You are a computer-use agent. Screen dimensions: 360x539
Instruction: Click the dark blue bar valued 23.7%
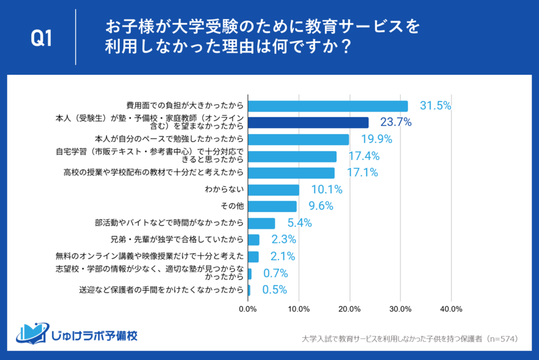pos(308,123)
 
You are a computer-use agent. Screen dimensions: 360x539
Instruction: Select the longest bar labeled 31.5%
pos(327,106)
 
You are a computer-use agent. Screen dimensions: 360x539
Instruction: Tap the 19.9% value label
pos(376,139)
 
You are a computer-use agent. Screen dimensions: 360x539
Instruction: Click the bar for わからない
pos(273,189)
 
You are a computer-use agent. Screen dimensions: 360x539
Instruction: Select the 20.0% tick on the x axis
pos(350,308)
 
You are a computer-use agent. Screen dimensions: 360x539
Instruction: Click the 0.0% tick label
pos(248,308)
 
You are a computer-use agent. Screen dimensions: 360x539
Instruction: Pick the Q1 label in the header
pos(42,39)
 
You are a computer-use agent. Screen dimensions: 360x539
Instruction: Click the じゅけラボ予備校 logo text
pos(95,335)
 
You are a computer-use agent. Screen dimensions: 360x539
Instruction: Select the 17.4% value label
pos(364,156)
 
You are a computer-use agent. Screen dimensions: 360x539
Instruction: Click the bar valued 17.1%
pos(291,173)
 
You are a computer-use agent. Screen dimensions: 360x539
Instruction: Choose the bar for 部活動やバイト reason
pos(261,223)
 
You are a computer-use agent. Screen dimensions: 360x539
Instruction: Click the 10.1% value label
pos(326,189)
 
